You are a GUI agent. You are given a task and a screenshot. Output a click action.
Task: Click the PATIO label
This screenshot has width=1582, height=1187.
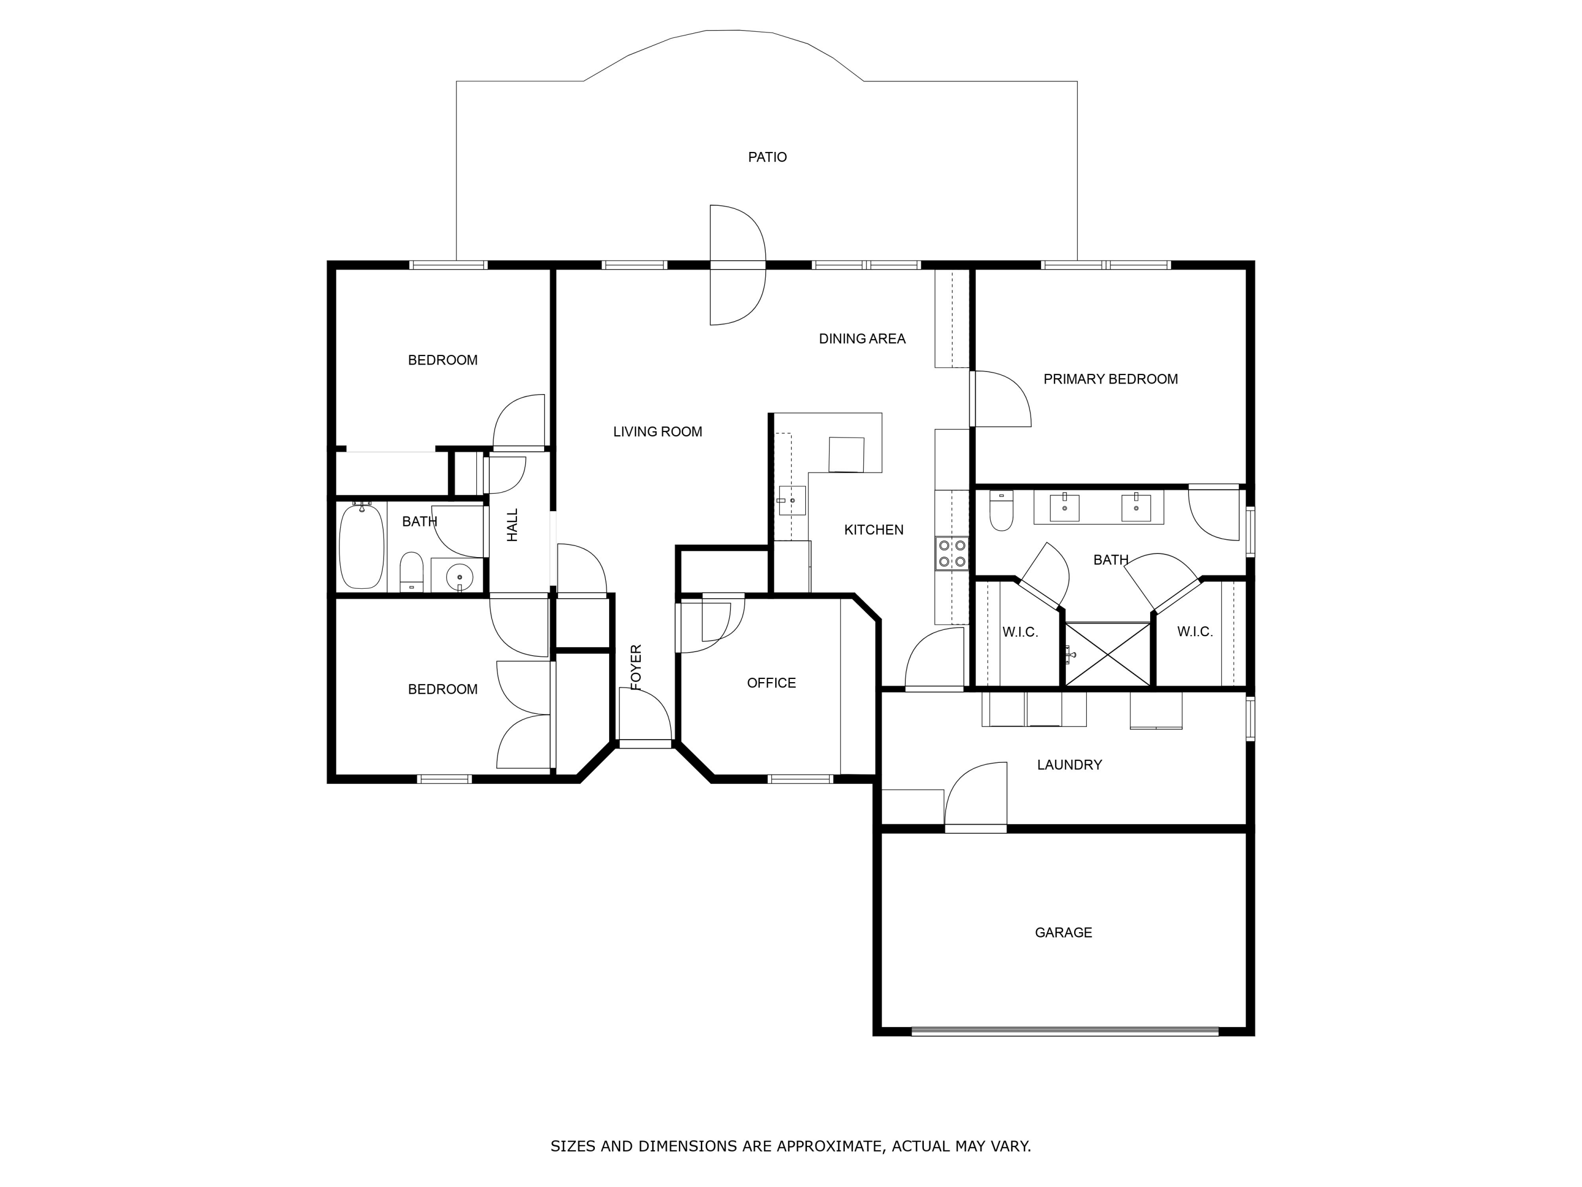tap(767, 157)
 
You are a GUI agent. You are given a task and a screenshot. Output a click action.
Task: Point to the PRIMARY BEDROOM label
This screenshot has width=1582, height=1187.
tap(1110, 379)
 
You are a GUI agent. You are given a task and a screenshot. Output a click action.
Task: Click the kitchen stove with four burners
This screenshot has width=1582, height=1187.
tap(952, 553)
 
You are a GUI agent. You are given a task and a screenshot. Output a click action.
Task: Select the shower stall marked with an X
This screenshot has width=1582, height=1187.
tap(1107, 654)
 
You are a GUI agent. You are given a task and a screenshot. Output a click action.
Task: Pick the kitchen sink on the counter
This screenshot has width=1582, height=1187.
tap(792, 501)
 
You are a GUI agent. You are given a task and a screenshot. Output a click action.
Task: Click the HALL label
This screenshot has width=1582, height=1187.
tap(512, 524)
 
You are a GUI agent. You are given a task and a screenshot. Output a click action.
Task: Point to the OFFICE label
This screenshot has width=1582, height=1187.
tap(771, 683)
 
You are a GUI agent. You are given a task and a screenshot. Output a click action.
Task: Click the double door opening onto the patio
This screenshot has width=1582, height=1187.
tap(737, 265)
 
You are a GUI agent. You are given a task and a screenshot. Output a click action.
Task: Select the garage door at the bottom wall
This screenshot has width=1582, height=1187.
tap(1064, 1031)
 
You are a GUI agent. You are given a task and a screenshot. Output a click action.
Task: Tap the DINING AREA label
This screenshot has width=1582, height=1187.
tap(862, 339)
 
